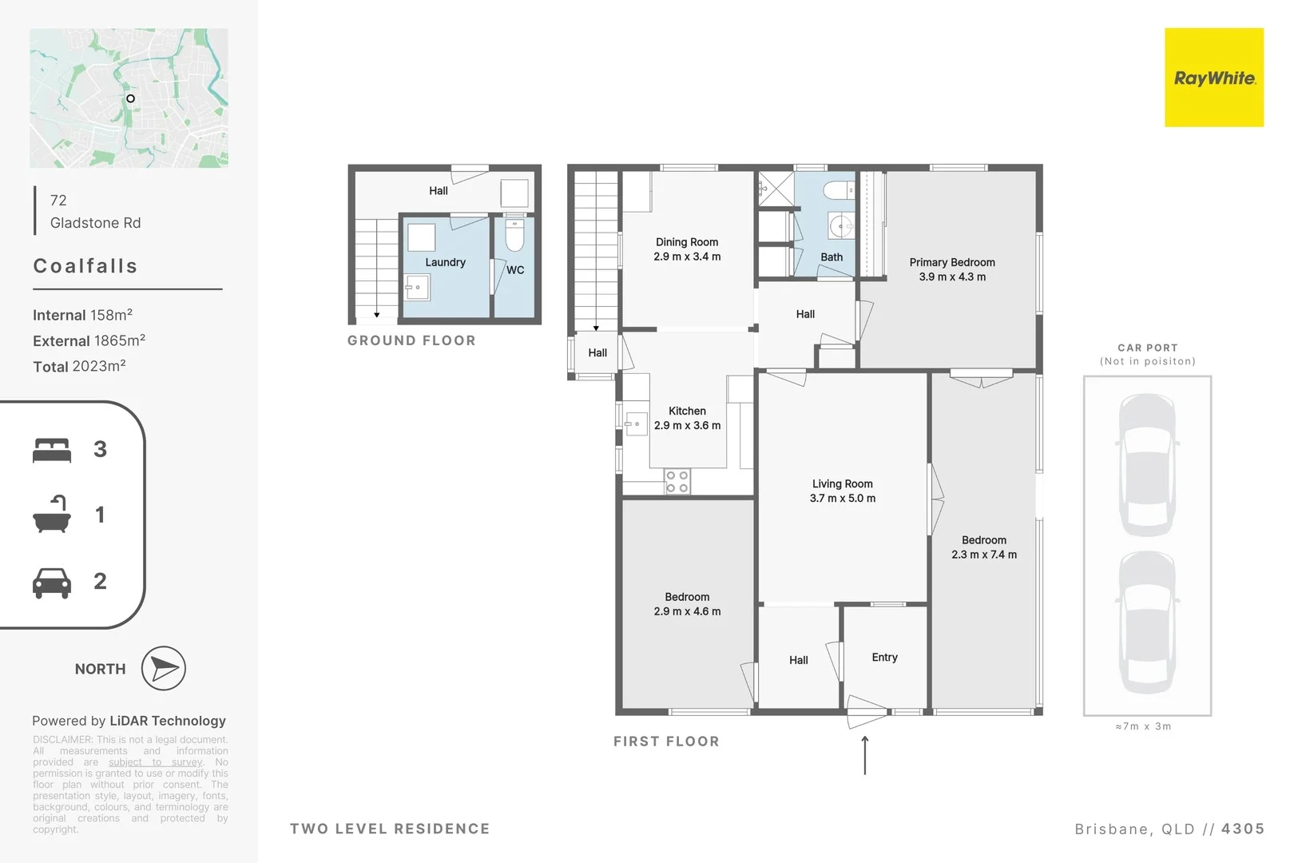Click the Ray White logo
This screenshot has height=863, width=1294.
tap(1213, 78)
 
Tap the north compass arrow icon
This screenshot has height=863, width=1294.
tap(164, 669)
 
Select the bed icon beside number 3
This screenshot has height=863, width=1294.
tap(52, 450)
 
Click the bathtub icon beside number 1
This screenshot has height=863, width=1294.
tap(52, 515)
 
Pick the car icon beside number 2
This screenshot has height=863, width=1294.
tap(52, 583)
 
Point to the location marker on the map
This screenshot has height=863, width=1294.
tap(130, 98)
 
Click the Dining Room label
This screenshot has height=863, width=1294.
tap(687, 242)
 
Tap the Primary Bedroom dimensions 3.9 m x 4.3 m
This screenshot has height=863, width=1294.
tap(952, 277)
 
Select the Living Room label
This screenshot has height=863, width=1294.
tap(842, 483)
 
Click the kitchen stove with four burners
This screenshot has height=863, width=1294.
tap(677, 481)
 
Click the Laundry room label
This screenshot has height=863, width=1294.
tap(445, 262)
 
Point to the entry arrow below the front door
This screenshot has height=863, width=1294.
tap(865, 754)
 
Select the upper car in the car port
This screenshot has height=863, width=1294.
tap(1148, 463)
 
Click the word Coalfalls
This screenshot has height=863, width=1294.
tap(85, 266)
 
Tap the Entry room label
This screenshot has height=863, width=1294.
tap(884, 657)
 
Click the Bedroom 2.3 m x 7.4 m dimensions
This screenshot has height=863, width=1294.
tap(984, 555)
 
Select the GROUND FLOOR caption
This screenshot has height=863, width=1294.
tap(411, 340)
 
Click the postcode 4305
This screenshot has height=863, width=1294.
tap(1242, 829)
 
